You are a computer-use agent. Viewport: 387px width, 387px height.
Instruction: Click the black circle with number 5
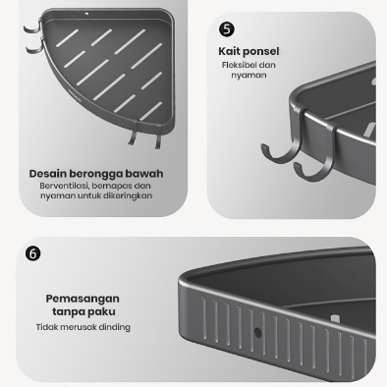(227, 29)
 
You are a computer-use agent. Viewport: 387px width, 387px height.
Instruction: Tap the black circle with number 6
(33, 253)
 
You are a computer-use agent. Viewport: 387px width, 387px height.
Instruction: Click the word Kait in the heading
(229, 51)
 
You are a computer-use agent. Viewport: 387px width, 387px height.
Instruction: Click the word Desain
(48, 174)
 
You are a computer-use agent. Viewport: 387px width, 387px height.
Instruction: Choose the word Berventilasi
(64, 186)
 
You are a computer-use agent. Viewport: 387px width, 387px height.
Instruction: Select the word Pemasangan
(83, 299)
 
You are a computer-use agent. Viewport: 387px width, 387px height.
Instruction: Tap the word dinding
(115, 327)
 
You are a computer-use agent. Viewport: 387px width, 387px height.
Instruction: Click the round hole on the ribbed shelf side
(257, 333)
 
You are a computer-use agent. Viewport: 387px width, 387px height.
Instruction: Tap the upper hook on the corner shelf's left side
(32, 27)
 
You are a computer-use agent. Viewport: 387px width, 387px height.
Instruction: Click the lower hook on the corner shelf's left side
(35, 48)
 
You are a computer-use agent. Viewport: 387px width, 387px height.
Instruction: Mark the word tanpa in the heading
(68, 311)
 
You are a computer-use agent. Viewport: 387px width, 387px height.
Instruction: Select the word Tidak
(46, 327)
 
